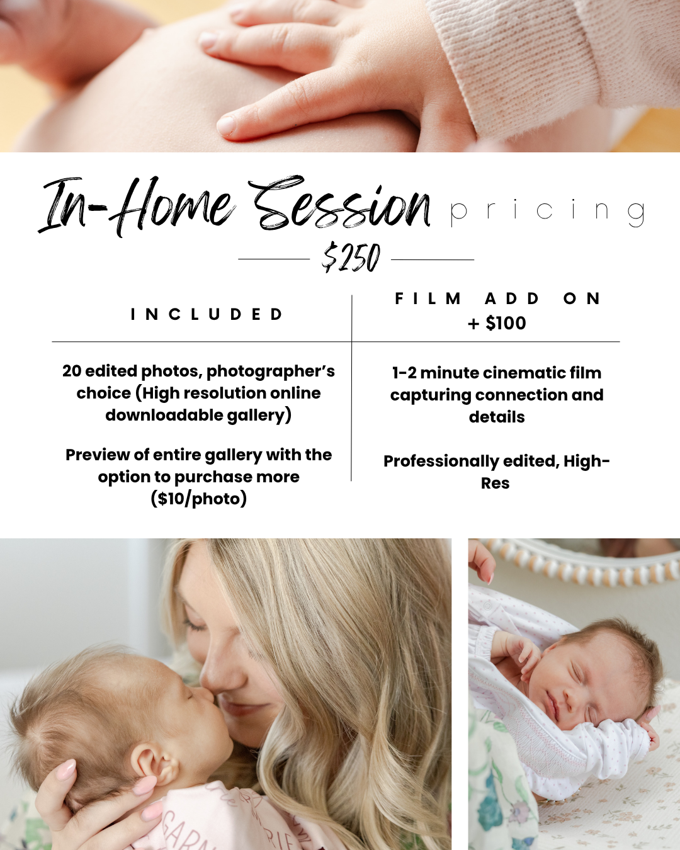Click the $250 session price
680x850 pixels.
coord(351,258)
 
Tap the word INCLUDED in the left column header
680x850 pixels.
coord(207,314)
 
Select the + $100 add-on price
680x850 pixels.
coord(497,323)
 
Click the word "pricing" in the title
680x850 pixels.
coord(548,213)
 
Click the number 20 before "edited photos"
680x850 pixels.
coord(72,371)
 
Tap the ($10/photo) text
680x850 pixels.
coord(199,499)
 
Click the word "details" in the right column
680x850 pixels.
coord(497,417)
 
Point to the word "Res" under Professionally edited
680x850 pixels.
coord(495,484)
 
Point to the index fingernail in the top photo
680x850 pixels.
coord(227,125)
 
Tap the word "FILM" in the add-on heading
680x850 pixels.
coord(428,298)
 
